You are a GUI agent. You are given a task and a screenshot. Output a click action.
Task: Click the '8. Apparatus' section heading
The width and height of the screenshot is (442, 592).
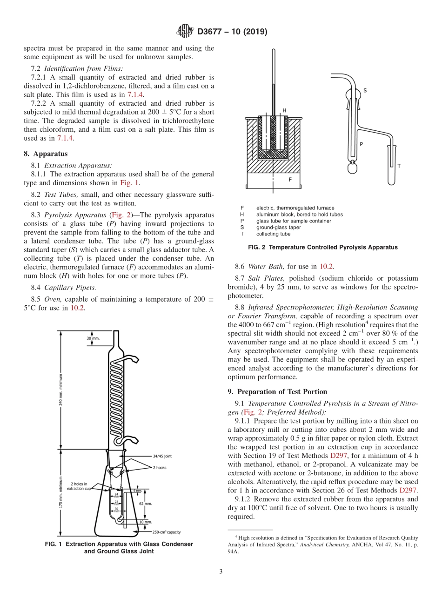(46, 154)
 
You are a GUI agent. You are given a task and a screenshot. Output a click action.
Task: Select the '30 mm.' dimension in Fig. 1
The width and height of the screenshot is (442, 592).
(93, 338)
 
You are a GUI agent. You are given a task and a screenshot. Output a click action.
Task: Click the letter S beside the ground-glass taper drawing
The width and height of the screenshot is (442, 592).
(364, 90)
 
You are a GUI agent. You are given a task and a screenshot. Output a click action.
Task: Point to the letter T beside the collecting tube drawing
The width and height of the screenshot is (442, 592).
(399, 166)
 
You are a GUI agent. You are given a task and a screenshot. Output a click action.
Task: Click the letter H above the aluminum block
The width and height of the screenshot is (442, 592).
(284, 110)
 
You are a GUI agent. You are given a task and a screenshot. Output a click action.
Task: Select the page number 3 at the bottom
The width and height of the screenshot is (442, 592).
(221, 572)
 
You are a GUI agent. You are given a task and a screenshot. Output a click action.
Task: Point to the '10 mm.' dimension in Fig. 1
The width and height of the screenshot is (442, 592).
(146, 522)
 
